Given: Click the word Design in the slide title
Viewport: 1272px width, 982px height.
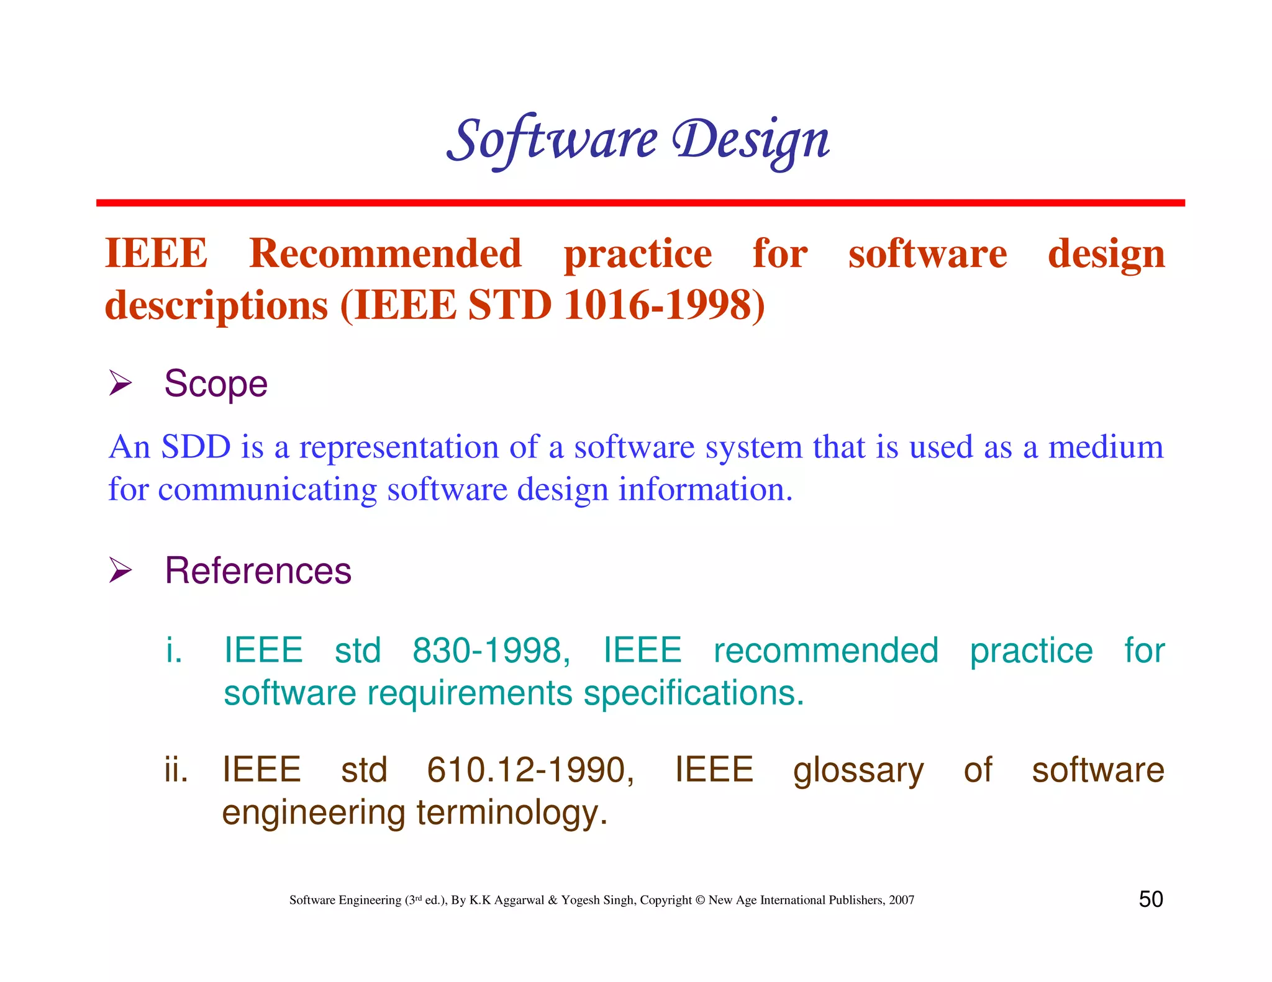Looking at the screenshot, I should [752, 140].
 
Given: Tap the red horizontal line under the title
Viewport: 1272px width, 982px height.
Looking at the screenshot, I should [640, 203].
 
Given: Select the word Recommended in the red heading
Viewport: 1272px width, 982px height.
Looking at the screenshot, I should [385, 254].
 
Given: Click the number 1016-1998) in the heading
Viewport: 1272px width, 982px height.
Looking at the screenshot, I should [665, 305].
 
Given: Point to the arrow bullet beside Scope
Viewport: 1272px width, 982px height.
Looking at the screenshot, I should [120, 382].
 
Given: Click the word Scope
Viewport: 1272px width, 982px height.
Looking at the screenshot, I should [216, 384].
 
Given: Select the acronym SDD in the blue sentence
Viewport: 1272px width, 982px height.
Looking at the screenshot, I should [196, 447].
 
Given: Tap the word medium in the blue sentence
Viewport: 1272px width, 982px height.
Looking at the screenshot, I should [1106, 447].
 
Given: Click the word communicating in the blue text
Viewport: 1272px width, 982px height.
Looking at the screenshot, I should [267, 489].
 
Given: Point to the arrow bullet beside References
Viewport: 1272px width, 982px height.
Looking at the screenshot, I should [120, 570].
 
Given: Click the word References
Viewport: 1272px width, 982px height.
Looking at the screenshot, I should [258, 570].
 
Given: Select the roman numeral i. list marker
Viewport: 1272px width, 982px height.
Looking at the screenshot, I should [174, 651].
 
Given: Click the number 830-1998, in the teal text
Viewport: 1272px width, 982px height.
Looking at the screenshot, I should [491, 651].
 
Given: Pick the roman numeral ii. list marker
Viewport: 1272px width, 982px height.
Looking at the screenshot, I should [176, 770].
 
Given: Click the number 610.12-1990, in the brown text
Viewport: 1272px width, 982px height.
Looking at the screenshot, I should [530, 770].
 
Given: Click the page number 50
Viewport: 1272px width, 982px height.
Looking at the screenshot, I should [1150, 899].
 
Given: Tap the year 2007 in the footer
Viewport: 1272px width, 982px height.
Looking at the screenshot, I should [901, 900].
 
